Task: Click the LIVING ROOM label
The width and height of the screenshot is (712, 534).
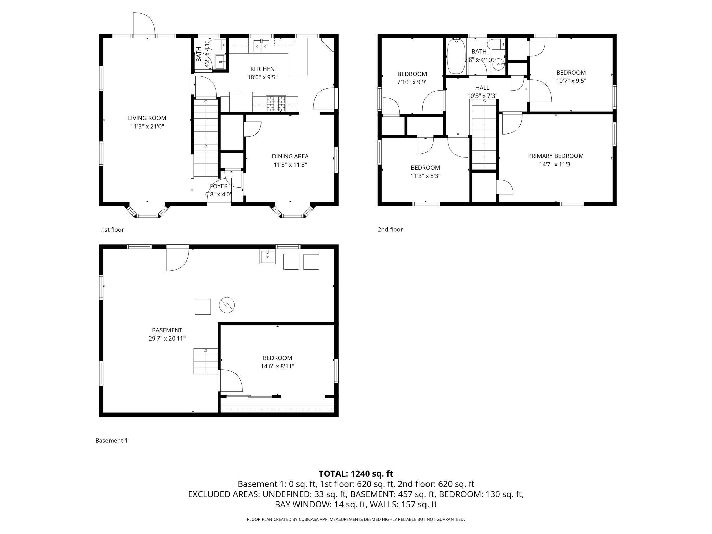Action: (x=147, y=118)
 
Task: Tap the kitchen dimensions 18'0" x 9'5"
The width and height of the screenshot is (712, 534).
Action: (x=262, y=77)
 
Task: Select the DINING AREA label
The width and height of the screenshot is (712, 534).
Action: (x=290, y=156)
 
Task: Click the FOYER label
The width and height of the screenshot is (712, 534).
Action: (x=219, y=186)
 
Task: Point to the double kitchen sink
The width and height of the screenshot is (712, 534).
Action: (x=262, y=46)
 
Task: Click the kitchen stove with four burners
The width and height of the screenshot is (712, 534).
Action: (x=276, y=103)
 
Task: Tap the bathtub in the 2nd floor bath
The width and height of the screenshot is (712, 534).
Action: (x=456, y=56)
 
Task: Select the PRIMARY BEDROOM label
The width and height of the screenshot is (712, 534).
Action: (x=556, y=156)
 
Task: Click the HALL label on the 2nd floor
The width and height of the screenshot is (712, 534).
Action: (x=482, y=88)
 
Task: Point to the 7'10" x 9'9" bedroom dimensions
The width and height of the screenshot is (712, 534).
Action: (x=412, y=82)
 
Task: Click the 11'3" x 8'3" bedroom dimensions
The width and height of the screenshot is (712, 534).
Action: (x=425, y=176)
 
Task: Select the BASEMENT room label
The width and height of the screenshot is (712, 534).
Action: (x=167, y=330)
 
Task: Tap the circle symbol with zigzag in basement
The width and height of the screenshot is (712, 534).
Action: (x=227, y=305)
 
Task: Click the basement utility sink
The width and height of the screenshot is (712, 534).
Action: (x=267, y=257)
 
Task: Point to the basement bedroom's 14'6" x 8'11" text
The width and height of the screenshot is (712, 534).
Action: (x=277, y=366)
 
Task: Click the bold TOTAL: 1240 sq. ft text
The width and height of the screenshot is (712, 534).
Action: (x=356, y=474)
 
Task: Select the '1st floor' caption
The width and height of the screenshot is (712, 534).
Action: (x=113, y=230)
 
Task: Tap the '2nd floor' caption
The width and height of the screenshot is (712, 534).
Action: (x=390, y=230)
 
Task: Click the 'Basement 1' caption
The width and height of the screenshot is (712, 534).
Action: (x=111, y=441)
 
